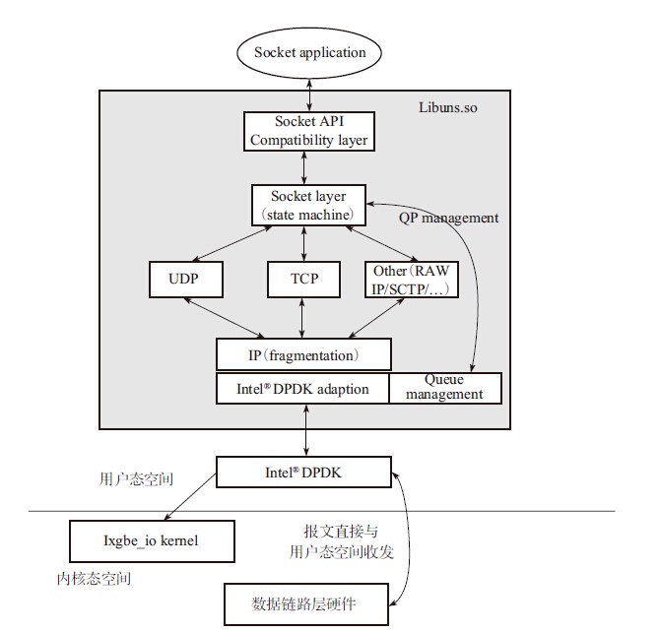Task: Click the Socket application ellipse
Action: coord(309,53)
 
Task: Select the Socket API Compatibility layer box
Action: coord(308,131)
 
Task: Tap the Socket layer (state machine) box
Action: coord(308,205)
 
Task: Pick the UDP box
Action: coord(183,279)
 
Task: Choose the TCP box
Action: coord(304,279)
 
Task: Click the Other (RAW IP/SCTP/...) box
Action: coord(411,279)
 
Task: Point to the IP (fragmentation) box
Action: coord(303,354)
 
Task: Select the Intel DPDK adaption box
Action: coord(303,389)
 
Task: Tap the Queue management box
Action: coord(445,388)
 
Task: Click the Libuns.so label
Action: coord(448,106)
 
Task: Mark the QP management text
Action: coord(448,218)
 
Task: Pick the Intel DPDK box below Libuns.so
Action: coord(303,472)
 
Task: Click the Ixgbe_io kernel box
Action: coord(153,541)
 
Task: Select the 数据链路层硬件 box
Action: coord(306,603)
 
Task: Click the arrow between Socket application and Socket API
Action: coord(309,95)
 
